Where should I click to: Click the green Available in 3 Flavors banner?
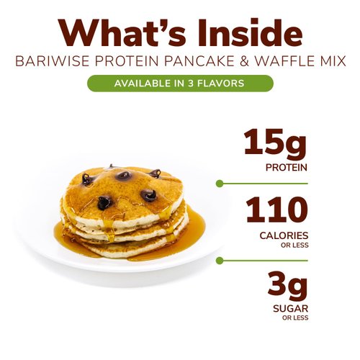[x=180, y=83]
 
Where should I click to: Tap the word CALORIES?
[x=284, y=235]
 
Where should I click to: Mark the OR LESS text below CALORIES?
[x=295, y=245]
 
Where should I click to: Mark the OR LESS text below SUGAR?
[x=295, y=318]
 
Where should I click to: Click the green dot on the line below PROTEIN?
[x=220, y=184]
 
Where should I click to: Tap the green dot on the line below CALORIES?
[x=220, y=258]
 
